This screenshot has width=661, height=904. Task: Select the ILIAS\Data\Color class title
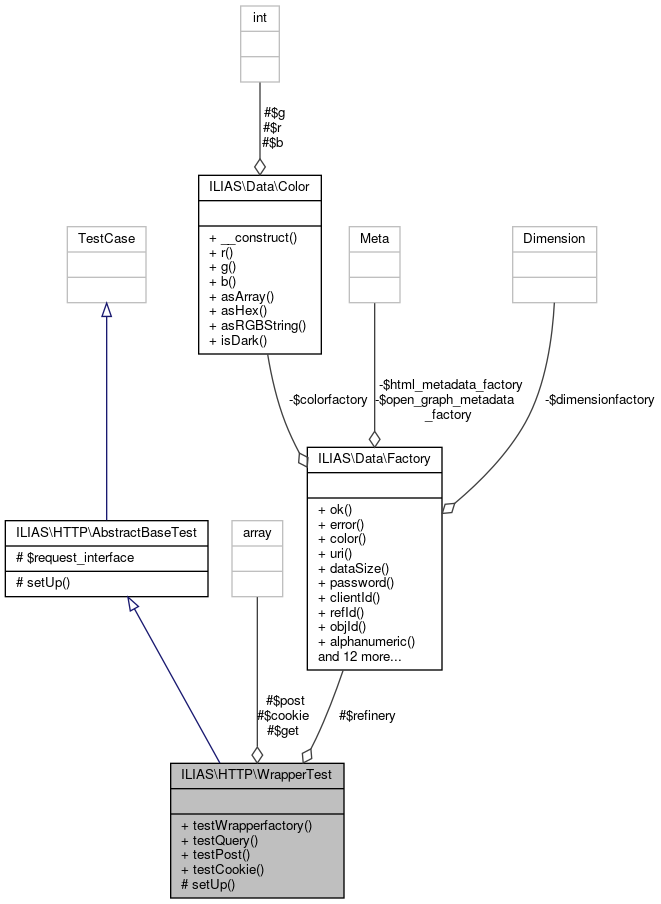[x=259, y=186]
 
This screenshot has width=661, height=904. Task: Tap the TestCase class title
[x=106, y=238]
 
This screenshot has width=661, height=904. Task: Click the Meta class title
[x=374, y=238]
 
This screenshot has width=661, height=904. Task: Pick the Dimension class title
[x=554, y=238]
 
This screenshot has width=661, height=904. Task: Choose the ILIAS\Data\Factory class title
[x=374, y=459]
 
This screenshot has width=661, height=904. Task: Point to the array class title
[x=257, y=532]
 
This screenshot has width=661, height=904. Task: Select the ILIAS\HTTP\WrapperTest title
[x=257, y=774]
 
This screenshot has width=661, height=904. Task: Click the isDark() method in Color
[x=238, y=341]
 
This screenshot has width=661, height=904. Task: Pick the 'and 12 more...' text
[x=360, y=657]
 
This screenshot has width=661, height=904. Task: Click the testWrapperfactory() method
[x=246, y=826]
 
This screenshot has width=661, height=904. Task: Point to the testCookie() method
[x=222, y=869]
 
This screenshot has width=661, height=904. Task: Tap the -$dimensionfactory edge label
[x=599, y=399]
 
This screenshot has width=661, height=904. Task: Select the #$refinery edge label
[x=367, y=715]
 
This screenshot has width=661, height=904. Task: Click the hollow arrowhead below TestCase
[x=106, y=311]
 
